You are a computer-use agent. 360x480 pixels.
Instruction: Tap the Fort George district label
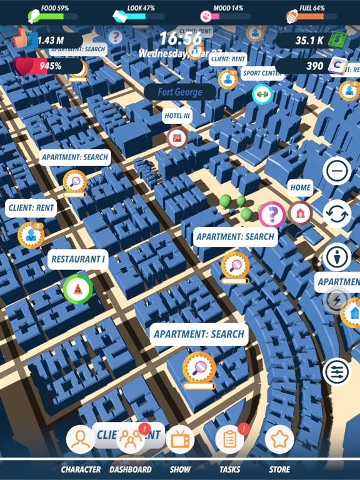pos(180,92)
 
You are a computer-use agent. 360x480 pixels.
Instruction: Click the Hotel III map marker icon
pos(177,137)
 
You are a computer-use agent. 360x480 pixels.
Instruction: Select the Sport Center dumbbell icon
pos(262,94)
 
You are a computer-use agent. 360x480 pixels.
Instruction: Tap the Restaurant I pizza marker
pos(77,288)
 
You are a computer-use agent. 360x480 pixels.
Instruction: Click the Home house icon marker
pos(301,213)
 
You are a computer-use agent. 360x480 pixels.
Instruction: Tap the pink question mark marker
pos(272,215)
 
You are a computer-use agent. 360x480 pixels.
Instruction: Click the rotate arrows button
pos(337,214)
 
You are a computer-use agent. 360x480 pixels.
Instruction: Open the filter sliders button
pos(337,372)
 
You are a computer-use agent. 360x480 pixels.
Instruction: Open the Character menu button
pos(81,439)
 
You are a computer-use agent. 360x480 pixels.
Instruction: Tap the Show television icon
pos(180,439)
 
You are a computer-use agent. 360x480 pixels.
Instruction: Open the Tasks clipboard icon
pos(229,439)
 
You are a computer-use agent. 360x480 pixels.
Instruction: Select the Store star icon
pos(279,439)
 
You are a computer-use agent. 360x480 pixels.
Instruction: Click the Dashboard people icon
pos(131,439)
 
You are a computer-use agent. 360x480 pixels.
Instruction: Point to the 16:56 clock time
pos(180,39)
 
